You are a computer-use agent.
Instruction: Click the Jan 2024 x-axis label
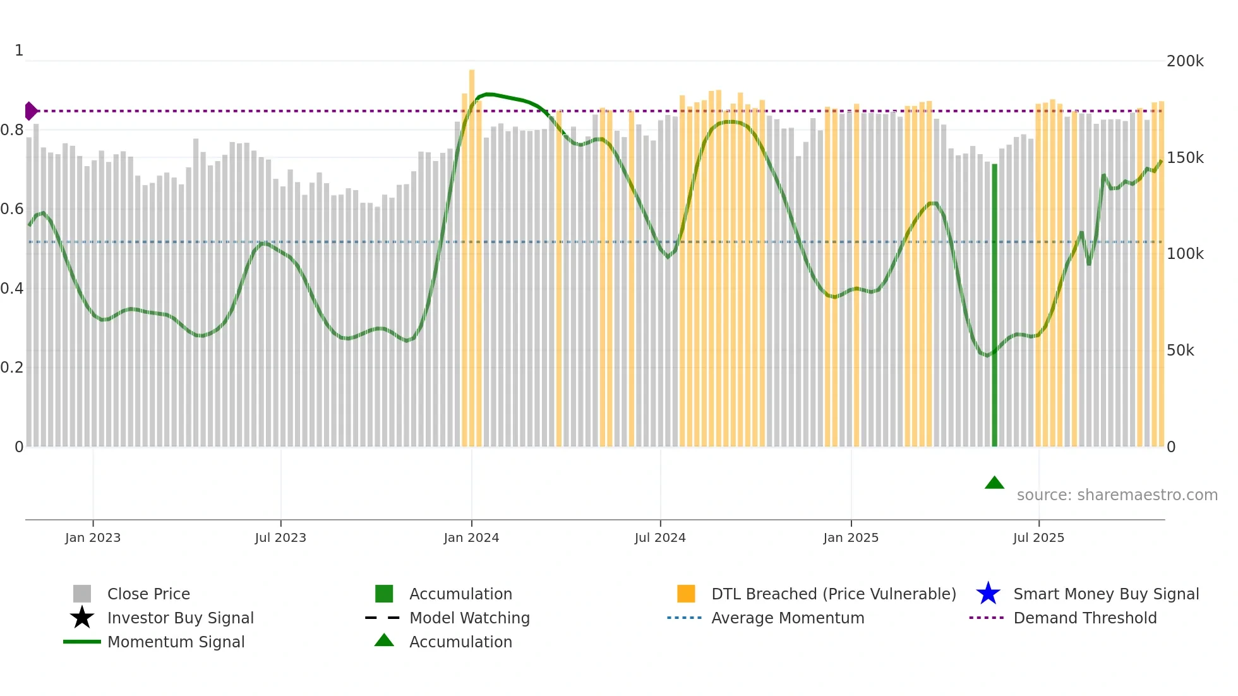point(471,537)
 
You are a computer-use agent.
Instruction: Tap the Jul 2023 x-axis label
point(280,537)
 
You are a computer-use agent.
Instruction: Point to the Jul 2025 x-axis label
point(1038,537)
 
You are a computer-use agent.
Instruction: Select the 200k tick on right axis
point(1185,61)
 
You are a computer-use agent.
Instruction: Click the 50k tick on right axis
point(1180,351)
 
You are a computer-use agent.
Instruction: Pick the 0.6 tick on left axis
point(12,209)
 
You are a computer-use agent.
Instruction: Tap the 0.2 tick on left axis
point(12,368)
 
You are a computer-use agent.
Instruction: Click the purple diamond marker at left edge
point(30,111)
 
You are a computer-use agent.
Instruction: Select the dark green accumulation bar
point(994,305)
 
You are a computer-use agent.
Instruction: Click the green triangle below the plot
point(994,483)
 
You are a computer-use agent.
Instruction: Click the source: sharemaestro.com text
point(1117,495)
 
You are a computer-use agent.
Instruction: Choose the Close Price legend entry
point(148,594)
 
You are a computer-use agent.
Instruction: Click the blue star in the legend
point(988,594)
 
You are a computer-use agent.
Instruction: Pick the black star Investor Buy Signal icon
point(82,618)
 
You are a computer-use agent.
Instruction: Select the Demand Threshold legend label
point(1085,618)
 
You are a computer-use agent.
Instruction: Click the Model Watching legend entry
point(469,618)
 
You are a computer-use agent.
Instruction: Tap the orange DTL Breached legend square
point(686,594)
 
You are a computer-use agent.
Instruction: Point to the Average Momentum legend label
point(788,618)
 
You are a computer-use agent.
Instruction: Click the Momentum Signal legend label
point(176,642)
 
